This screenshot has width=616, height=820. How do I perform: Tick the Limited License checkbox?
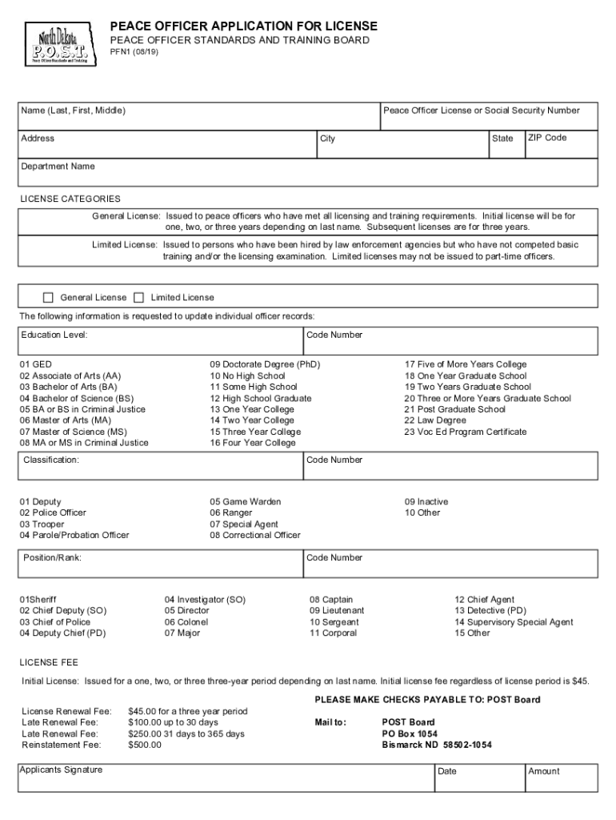(x=138, y=298)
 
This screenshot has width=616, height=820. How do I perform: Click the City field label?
(x=327, y=139)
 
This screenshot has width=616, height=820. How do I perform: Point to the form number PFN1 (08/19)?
(x=134, y=51)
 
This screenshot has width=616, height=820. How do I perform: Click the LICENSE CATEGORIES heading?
(x=70, y=199)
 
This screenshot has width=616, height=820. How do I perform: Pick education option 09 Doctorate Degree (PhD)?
(x=265, y=364)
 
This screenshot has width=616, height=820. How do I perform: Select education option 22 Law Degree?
(x=435, y=420)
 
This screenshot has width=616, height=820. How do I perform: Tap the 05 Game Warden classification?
(x=246, y=502)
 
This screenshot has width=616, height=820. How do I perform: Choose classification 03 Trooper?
(x=42, y=525)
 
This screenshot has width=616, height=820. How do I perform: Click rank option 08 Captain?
(x=331, y=600)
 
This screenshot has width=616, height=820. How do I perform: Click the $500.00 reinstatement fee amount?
(x=144, y=745)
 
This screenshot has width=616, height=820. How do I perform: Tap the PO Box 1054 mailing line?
(x=410, y=734)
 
